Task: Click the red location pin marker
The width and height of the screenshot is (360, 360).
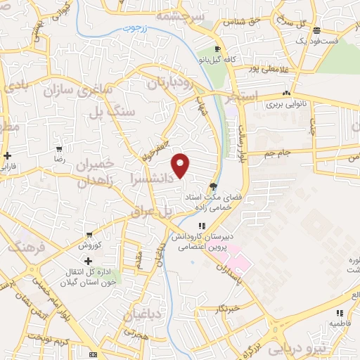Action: [x=181, y=165]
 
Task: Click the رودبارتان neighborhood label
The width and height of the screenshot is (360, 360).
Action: [x=170, y=83]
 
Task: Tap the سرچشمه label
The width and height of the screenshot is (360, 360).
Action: [x=181, y=15]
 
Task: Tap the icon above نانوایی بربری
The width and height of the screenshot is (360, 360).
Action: [x=286, y=93]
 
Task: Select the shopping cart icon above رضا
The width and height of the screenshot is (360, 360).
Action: [x=60, y=150]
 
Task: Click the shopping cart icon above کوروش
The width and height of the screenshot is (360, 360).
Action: [x=90, y=235]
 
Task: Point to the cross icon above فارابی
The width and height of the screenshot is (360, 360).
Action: [x=7, y=155]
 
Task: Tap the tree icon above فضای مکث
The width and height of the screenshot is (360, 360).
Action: [x=213, y=185]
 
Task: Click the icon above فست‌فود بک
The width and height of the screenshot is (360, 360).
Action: [x=317, y=30]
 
